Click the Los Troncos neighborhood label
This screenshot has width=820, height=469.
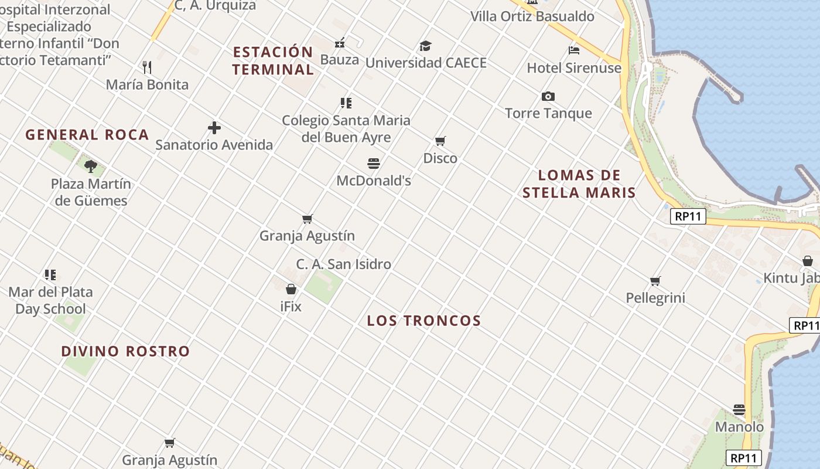coord(423,321)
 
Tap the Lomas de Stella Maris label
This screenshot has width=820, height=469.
coord(579,183)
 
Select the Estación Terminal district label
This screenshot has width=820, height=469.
coord(273,60)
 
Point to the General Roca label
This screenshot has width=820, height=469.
coord(87,135)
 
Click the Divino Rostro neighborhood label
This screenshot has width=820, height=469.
coord(125,351)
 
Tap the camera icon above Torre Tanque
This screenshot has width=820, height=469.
coord(548,96)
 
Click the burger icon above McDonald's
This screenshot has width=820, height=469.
coord(374,163)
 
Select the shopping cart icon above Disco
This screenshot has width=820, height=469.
coord(440,141)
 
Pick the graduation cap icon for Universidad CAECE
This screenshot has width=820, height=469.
coord(425,46)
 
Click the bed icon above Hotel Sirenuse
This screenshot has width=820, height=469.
coord(573,50)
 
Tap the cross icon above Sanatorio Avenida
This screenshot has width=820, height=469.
coord(214,127)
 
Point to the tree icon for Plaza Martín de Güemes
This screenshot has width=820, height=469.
coord(90,166)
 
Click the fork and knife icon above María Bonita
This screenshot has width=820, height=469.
coord(147,67)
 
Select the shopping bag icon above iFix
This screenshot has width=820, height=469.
coord(291,289)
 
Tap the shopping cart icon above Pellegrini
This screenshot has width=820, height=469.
coord(655,281)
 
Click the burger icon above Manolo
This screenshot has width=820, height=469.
coord(739,410)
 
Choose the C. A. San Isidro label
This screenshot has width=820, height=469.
coord(343,264)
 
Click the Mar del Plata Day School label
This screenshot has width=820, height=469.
coord(50,300)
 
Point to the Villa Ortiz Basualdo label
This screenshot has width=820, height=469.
coord(532,16)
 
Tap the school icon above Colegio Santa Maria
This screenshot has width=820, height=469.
coord(346,103)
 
